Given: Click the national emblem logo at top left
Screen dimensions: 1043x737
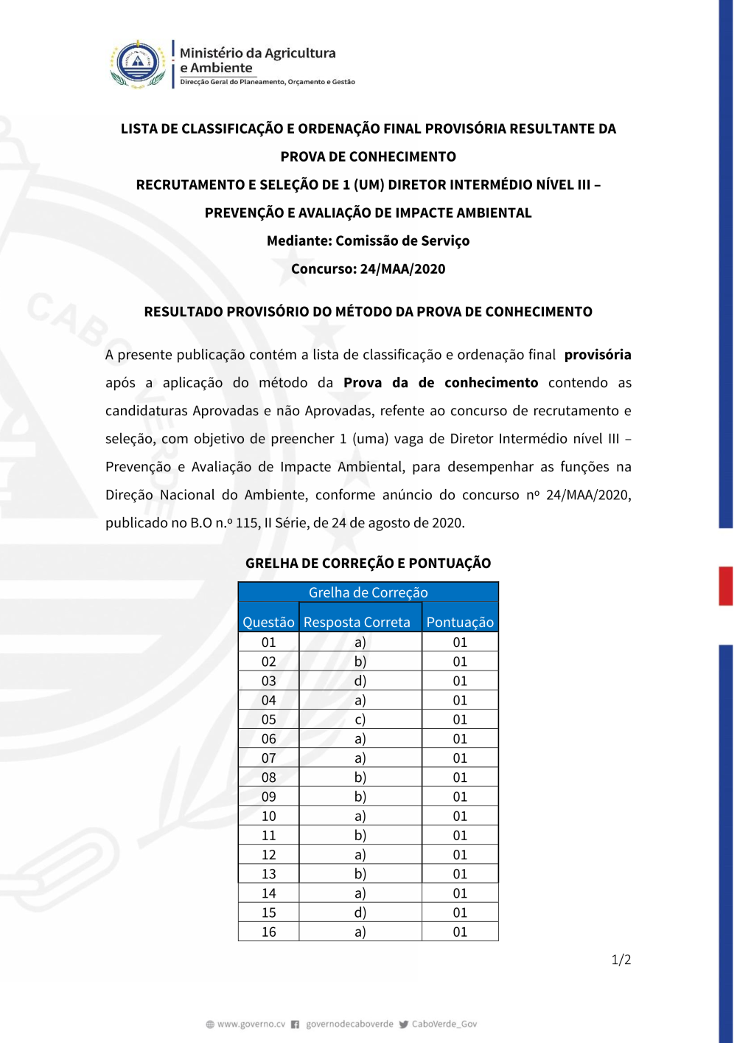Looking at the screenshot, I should tap(138, 64).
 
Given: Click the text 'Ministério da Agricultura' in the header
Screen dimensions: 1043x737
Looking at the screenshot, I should tap(257, 53).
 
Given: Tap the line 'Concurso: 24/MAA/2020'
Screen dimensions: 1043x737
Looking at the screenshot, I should tap(368, 268).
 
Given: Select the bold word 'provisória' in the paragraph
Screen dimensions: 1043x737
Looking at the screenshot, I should tap(597, 355).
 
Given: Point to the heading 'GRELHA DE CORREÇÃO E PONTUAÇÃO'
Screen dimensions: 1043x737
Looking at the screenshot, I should tap(368, 563).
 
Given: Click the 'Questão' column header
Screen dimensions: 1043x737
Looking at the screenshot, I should tap(268, 622).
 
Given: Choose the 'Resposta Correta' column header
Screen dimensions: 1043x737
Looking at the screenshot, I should tap(357, 622).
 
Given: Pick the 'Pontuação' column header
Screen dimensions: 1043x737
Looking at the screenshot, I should tap(460, 622).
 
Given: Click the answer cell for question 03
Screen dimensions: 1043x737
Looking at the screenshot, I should tap(360, 681).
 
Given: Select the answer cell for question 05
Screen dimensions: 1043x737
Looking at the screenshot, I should tap(360, 719).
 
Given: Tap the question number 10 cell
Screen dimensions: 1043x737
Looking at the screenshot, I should tap(268, 816).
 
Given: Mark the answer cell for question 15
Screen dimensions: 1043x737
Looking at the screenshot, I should tap(360, 912).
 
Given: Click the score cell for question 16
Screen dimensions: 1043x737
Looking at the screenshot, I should tap(460, 932).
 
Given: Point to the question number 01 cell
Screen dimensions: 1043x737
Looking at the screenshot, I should tap(268, 642).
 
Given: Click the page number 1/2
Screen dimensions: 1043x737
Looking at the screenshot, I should tap(621, 960).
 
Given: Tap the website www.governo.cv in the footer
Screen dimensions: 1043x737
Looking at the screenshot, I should tap(251, 1024).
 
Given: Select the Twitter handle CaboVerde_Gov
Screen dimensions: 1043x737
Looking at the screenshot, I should tap(444, 1024).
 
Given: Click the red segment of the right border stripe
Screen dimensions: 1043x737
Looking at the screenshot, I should tap(726, 586).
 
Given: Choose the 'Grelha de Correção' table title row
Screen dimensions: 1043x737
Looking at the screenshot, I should tap(368, 592).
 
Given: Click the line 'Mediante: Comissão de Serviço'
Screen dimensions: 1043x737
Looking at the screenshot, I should tap(368, 240).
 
